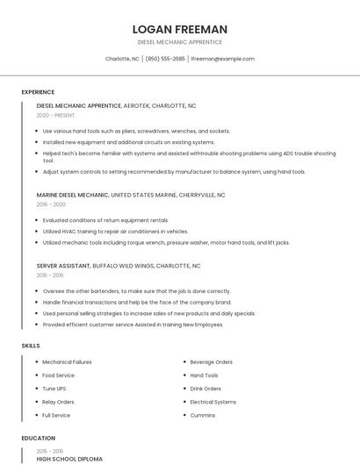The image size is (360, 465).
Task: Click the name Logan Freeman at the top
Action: pos(179,29)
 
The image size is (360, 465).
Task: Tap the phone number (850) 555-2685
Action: pos(165,59)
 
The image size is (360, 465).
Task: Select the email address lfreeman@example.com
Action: pos(222,59)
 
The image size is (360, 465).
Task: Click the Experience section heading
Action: pos(38,92)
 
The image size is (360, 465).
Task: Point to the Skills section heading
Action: pos(31,346)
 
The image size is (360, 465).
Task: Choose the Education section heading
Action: pos(39,438)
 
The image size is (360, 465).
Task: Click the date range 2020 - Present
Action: pos(55,115)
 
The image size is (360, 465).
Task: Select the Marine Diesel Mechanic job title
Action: pos(73,195)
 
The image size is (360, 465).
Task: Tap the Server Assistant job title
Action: pos(63,265)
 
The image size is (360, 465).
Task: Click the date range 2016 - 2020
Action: pos(51,204)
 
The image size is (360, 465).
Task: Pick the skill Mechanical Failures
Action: pos(67,361)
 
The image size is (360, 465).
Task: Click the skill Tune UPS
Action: pos(54,388)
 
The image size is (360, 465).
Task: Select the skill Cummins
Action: pos(204,414)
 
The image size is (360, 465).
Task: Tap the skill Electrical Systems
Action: pos(213,401)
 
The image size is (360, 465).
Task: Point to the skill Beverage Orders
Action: pos(211,361)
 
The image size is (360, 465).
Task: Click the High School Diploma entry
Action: pos(69,459)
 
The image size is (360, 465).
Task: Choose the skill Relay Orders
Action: pos(58,401)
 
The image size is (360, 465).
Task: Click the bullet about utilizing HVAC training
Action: pos(114,231)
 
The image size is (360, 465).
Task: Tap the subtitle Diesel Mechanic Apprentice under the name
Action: pos(179,42)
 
